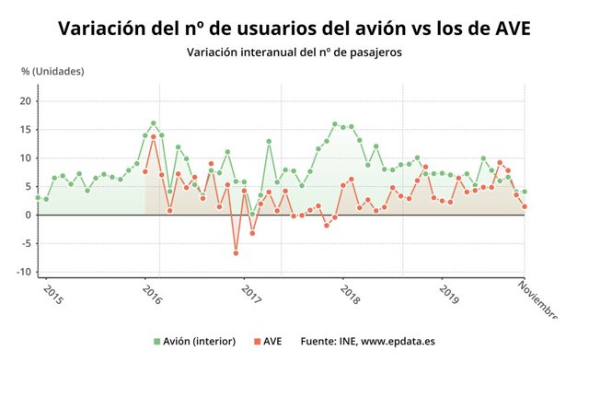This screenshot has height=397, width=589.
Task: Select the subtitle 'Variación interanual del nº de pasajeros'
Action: point(294,53)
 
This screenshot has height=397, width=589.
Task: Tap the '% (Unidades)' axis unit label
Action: point(52,71)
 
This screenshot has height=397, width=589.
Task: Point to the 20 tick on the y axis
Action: point(26,101)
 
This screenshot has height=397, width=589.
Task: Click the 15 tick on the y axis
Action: point(26,130)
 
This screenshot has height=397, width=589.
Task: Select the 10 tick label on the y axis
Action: point(26,158)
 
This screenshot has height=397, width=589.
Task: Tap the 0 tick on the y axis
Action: point(29,215)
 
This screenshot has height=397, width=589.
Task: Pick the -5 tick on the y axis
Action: point(27,243)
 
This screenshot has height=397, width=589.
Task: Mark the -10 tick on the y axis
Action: point(24,272)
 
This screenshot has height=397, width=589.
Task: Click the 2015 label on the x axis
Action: point(52,295)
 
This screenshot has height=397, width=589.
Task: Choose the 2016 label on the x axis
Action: point(151,295)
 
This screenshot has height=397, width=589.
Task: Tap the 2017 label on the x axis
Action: point(250,295)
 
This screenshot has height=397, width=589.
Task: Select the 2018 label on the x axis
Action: point(349,295)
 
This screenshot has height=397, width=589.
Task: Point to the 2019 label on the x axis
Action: point(448,295)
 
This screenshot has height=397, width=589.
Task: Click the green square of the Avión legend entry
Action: point(157,341)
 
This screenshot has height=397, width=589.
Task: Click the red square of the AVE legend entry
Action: point(258,341)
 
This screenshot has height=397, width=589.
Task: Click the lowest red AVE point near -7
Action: point(236,252)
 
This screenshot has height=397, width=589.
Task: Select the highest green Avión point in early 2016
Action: point(154,123)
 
